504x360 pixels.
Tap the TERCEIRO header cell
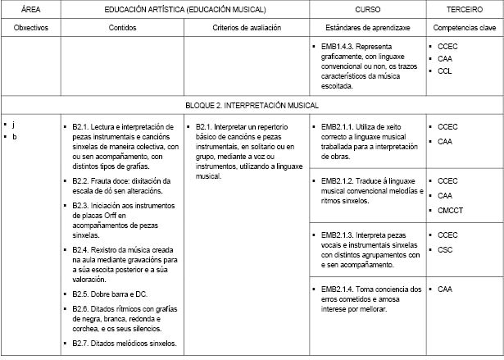(464, 9)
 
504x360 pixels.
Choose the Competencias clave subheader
(464, 27)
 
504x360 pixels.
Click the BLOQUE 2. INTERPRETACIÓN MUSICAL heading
(252, 105)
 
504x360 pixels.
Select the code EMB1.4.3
(338, 47)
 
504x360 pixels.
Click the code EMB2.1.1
(338, 126)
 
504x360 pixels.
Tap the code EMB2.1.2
(338, 180)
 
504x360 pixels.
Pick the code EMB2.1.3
(338, 235)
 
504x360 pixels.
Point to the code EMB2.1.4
(338, 289)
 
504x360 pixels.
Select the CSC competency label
(445, 249)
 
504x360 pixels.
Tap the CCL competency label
(445, 71)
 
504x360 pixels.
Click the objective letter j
(13, 124)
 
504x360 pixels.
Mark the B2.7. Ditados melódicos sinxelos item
(124, 343)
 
